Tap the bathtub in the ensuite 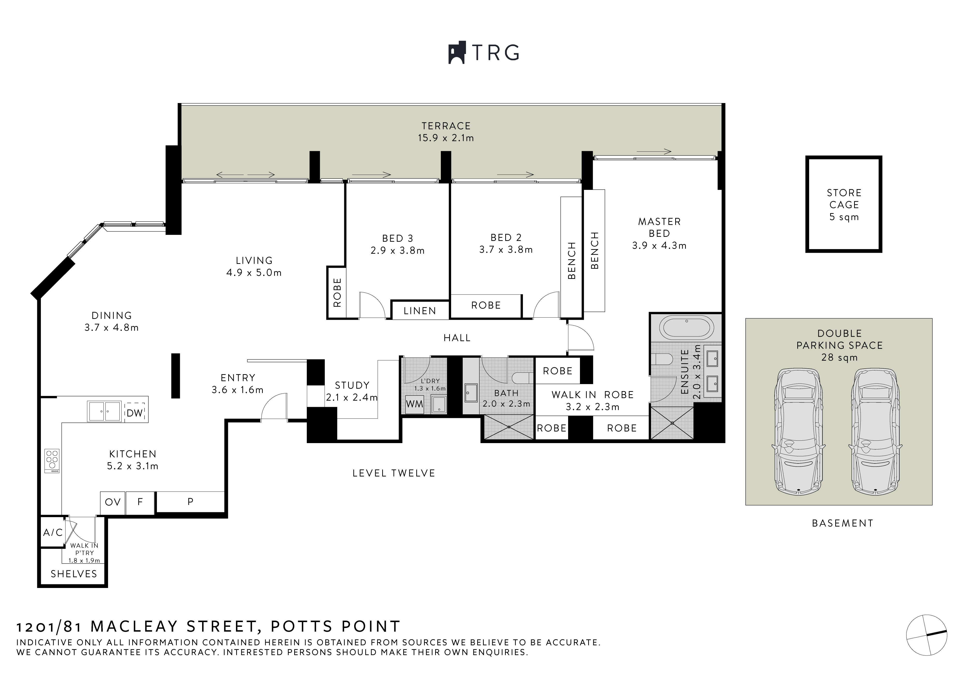[x=687, y=328]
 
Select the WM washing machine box [x=414, y=404]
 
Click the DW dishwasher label [x=135, y=413]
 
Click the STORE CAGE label [x=844, y=205]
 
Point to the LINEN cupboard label [x=420, y=311]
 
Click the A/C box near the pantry [x=53, y=532]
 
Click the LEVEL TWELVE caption [x=394, y=473]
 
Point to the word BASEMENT [x=843, y=523]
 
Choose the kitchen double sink [x=104, y=411]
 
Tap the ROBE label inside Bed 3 [x=337, y=292]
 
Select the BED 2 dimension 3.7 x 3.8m [x=506, y=250]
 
